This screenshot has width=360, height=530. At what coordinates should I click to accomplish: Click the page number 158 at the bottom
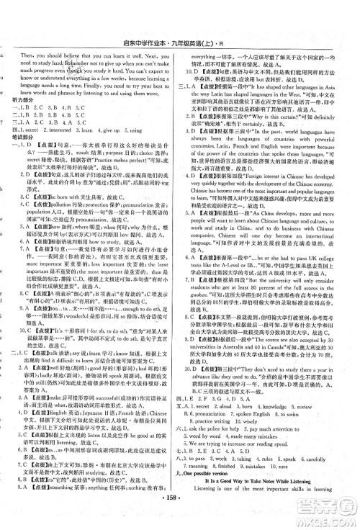tap(179, 516)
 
